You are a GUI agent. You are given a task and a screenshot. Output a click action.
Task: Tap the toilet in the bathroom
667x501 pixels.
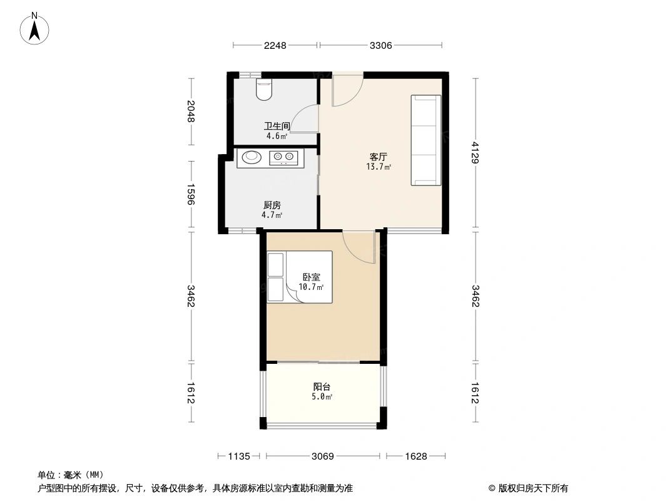pos(264,90)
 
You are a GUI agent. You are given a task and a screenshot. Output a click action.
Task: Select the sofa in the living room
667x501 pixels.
pos(425,140)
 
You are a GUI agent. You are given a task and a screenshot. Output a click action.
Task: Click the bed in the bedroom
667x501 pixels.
pos(300,277)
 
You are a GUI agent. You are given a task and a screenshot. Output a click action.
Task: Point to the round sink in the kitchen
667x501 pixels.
pos(251,157)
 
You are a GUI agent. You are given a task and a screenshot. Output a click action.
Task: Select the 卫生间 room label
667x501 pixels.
pos(277,126)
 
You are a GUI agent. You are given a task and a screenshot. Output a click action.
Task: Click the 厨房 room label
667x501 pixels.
pos(272,205)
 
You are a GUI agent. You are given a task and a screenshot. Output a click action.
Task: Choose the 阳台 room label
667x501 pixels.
pos(322,386)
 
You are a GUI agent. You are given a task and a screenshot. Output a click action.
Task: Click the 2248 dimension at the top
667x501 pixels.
pos(275,45)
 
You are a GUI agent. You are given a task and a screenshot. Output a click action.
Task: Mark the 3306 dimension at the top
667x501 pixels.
pos(380,45)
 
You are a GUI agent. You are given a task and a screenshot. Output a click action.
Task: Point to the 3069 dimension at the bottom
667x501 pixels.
pos(323,457)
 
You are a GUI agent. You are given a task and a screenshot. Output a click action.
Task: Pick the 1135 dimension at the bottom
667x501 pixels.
pos(239,457)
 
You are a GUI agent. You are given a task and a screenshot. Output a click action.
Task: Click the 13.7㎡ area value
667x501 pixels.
pos(379,167)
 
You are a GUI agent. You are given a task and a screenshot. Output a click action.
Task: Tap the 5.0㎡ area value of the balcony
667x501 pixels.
pos(322,396)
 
